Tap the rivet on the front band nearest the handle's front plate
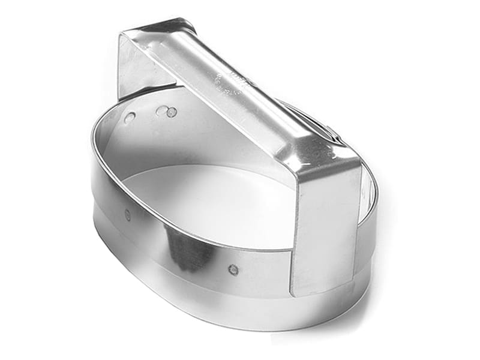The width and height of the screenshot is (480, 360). [233, 269]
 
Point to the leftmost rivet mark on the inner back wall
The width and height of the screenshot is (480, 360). [129, 118]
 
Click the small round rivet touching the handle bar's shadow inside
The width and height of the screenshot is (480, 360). [172, 112]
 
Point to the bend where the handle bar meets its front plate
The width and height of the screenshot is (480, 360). [327, 162]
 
